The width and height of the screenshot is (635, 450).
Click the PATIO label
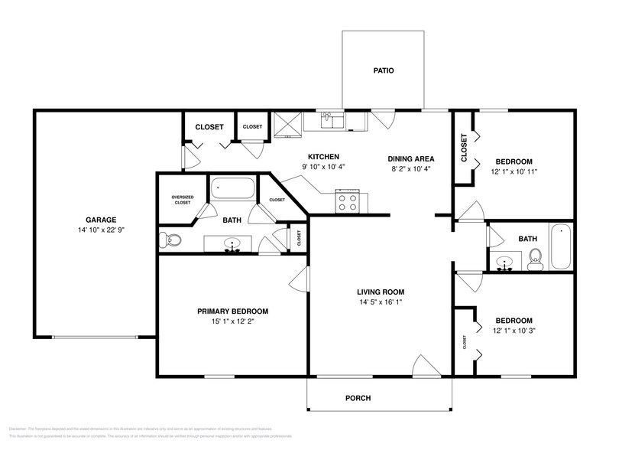[x=384, y=70]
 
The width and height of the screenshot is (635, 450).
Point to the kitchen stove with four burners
[x=347, y=202]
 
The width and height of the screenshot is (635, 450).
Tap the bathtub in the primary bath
[x=234, y=188]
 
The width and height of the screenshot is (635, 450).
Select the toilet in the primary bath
[x=172, y=241]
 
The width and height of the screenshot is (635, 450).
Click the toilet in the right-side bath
[x=535, y=259]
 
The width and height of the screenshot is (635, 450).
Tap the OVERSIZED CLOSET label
[x=181, y=201]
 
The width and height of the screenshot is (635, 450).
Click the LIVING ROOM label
[x=380, y=292]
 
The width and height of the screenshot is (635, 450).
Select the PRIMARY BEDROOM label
[x=232, y=311]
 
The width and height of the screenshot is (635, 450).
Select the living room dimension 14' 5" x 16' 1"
[x=380, y=302]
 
